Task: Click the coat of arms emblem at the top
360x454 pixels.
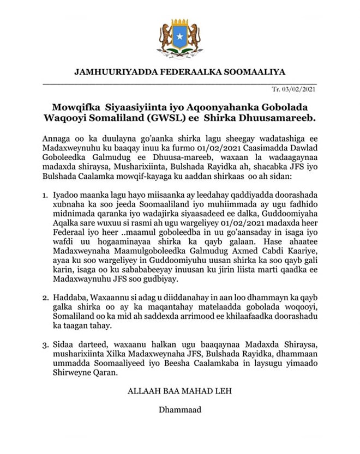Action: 180,37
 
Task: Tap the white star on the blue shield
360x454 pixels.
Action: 180,36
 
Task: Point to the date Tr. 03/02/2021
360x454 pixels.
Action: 293,89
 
